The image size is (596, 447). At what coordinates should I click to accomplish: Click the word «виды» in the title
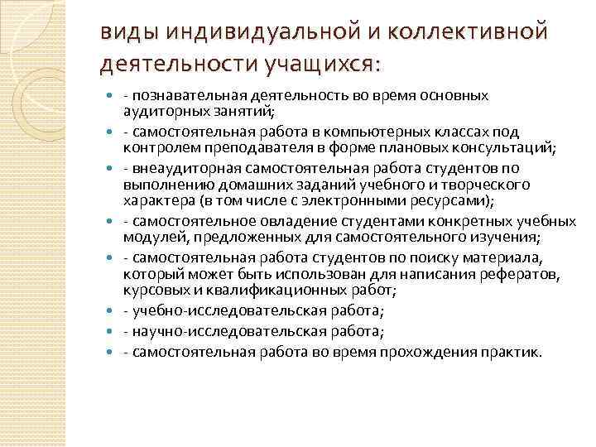click(x=123, y=32)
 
